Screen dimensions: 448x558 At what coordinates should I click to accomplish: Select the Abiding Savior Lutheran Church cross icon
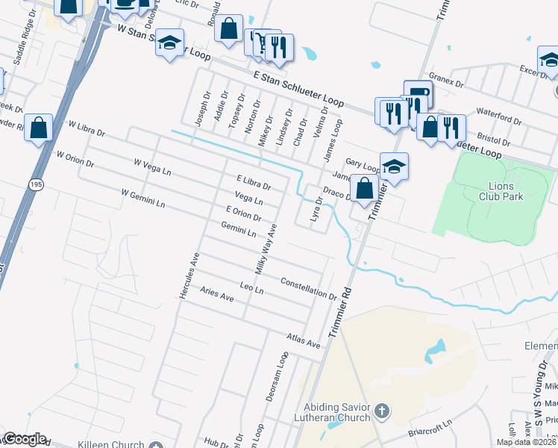coord(381,410)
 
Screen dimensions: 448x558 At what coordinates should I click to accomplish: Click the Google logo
coord(25,440)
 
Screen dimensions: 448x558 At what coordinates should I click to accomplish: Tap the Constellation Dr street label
coord(309,287)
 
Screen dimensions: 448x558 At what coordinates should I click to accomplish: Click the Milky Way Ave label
coord(266,248)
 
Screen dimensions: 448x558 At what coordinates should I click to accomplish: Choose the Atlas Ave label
coord(304,341)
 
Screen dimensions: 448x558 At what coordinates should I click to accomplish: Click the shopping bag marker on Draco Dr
coord(364,188)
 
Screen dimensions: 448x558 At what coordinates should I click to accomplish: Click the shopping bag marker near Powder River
coord(38,127)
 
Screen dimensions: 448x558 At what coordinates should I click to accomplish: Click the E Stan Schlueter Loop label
coord(298,87)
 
